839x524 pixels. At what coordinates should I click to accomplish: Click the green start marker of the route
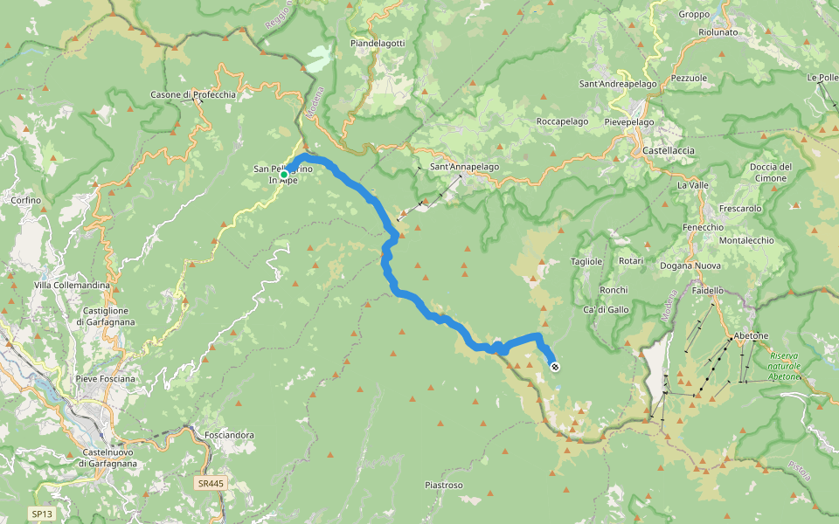point(284,175)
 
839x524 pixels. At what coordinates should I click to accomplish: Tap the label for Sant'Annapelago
point(464,166)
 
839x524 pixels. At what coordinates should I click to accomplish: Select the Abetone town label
point(751,335)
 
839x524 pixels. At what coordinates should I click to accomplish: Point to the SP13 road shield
point(41,514)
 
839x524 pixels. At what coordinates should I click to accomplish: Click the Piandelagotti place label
point(377,43)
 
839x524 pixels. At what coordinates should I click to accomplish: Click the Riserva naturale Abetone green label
point(784,366)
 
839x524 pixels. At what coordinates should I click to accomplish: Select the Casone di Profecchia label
point(192,94)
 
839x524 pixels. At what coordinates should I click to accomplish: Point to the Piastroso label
point(443,485)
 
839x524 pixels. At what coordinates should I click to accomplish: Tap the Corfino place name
point(25,200)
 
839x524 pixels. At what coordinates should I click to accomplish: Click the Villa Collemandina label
point(72,286)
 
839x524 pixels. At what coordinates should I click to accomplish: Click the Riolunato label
point(718,32)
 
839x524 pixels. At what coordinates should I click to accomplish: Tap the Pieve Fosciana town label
point(106,378)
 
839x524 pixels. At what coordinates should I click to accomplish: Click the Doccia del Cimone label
point(770,172)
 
